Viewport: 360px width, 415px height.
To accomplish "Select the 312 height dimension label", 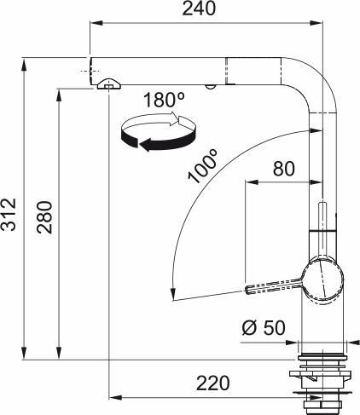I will coord(9,215).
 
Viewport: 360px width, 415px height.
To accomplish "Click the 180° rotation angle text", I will coord(164,100).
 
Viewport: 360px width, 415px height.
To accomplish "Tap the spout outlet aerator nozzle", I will coord(109,83).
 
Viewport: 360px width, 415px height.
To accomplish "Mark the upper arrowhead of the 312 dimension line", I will coord(26,62).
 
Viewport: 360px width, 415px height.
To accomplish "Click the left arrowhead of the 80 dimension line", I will coord(249,182).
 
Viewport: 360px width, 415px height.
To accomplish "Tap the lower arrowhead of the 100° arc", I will coord(173,296).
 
